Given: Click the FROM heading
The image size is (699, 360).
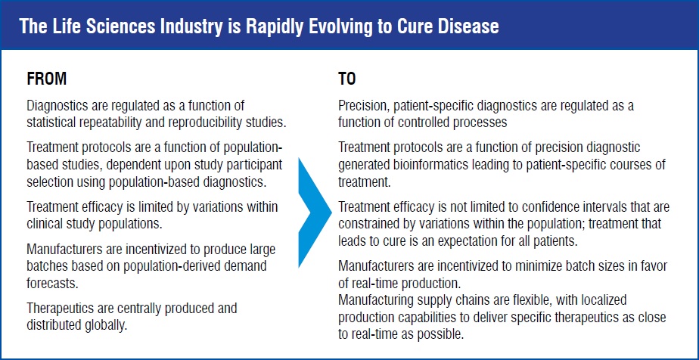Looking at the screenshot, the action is [47, 79].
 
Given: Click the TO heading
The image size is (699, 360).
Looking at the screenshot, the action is [346, 79].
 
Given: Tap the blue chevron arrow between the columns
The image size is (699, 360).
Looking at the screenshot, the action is [315, 213].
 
